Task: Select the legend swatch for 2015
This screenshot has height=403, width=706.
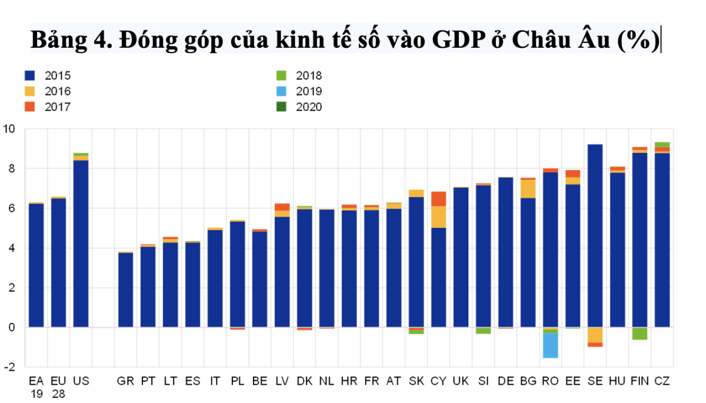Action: pyautogui.click(x=30, y=75)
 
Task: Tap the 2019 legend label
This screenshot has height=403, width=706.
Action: pyautogui.click(x=309, y=91)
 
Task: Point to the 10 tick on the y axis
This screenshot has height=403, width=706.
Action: pyautogui.click(x=10, y=129)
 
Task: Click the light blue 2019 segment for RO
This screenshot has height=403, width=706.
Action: pyautogui.click(x=551, y=345)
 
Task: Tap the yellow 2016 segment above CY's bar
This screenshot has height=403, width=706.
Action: pyautogui.click(x=439, y=217)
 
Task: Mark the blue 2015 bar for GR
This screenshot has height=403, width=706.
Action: pyautogui.click(x=125, y=289)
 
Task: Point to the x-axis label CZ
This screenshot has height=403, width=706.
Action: pyautogui.click(x=662, y=381)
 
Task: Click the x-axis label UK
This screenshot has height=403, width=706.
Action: pyautogui.click(x=461, y=381)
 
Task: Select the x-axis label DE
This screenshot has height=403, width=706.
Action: pyautogui.click(x=505, y=381)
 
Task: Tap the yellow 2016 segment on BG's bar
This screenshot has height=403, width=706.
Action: pyautogui.click(x=528, y=189)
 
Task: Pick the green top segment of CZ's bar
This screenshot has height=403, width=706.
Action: pyautogui.click(x=662, y=144)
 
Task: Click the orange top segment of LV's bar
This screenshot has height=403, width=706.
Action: pyautogui.click(x=282, y=207)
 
